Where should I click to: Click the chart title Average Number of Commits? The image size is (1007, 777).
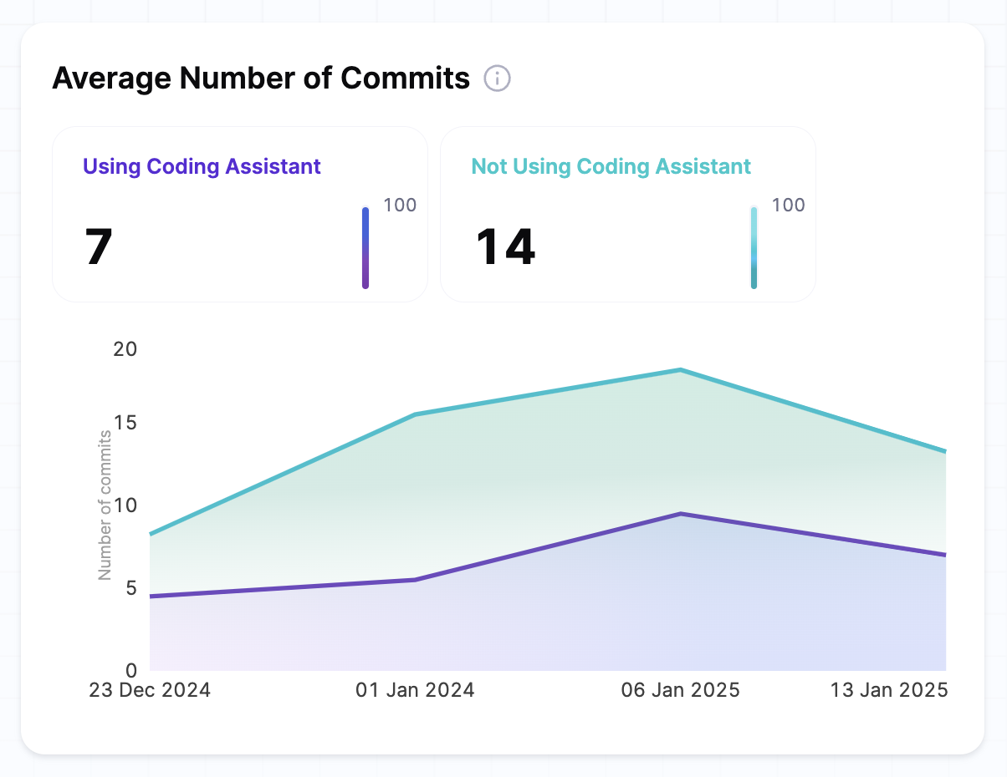261,79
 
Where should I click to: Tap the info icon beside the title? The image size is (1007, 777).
497,79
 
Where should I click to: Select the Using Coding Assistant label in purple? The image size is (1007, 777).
202,166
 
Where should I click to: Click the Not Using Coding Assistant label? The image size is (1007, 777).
611,166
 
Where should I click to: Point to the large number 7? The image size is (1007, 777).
99,247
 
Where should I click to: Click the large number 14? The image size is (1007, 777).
505,247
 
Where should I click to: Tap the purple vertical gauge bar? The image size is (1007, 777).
365,248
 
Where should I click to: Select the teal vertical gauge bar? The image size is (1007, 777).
754,248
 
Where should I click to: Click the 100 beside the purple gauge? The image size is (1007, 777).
400,206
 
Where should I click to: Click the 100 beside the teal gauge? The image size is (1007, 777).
788,206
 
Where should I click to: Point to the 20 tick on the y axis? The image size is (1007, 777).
125,349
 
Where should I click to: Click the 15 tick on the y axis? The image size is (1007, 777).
125,423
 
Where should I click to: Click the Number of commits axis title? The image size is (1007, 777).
105,505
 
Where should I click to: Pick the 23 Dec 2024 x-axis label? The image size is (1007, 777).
151,691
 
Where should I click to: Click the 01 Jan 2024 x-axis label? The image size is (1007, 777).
415,691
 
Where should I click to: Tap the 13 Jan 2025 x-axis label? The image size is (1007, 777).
888,691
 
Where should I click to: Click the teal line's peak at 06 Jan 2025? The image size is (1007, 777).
681,370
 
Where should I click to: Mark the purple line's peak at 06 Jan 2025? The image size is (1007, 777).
681,514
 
